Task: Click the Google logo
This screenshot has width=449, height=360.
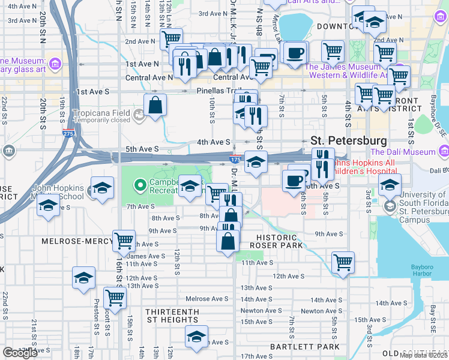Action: click(20, 353)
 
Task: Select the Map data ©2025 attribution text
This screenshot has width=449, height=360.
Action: click(424, 355)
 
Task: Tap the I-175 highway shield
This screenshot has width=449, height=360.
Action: click(235, 161)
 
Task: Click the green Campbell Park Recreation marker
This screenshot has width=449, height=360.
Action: click(140, 185)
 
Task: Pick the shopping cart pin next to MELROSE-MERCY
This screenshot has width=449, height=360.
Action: click(124, 241)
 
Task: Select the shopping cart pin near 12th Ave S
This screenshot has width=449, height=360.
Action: click(343, 262)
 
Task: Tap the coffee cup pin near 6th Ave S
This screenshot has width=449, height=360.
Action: click(294, 181)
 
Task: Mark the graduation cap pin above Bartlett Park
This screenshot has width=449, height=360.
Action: click(196, 336)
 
